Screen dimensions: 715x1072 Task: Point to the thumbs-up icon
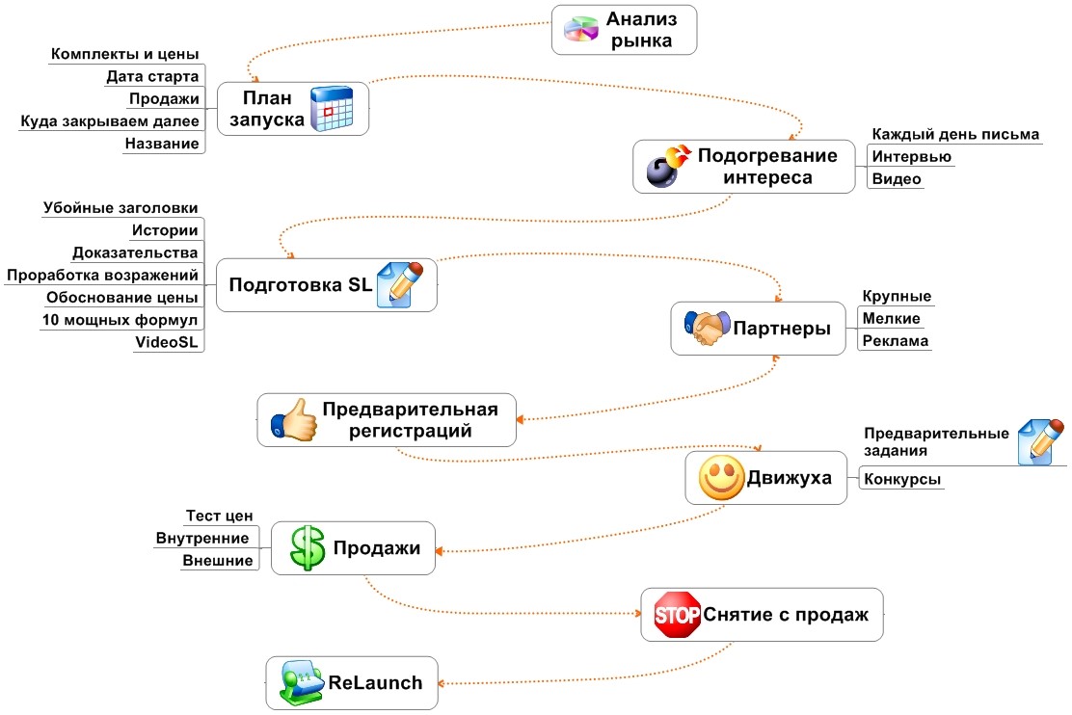294,419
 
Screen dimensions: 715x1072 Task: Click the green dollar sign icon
308,549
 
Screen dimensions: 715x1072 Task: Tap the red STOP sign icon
678,615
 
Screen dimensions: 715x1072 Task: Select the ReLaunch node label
376,683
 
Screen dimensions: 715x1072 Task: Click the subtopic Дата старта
152,76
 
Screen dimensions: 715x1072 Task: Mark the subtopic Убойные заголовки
121,207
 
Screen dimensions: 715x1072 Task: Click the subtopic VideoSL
170,342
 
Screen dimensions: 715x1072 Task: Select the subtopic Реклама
896,341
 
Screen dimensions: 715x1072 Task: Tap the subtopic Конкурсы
902,479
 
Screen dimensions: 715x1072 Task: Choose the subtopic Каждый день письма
955,134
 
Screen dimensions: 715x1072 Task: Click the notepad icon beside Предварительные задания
1041,441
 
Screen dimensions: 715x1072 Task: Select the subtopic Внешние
218,561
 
